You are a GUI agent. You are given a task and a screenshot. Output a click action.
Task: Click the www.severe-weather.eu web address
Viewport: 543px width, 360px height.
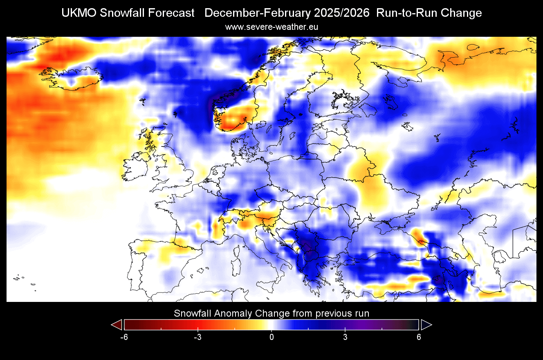tap(271, 27)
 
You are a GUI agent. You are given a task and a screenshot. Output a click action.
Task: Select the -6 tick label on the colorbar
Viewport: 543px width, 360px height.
tap(124, 337)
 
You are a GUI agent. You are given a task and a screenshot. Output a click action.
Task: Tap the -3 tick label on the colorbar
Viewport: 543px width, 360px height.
tap(197, 337)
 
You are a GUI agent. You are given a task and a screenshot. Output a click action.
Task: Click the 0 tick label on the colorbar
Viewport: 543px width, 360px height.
tap(271, 337)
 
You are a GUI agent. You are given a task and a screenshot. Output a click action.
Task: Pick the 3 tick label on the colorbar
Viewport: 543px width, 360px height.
tap(345, 337)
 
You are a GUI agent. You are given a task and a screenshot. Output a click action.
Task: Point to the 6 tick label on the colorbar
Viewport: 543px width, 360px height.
tap(419, 337)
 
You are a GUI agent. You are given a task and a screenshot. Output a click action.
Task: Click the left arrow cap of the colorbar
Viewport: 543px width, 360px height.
tap(117, 325)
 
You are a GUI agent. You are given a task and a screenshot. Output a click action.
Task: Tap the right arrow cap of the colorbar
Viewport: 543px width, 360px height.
tap(426, 325)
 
